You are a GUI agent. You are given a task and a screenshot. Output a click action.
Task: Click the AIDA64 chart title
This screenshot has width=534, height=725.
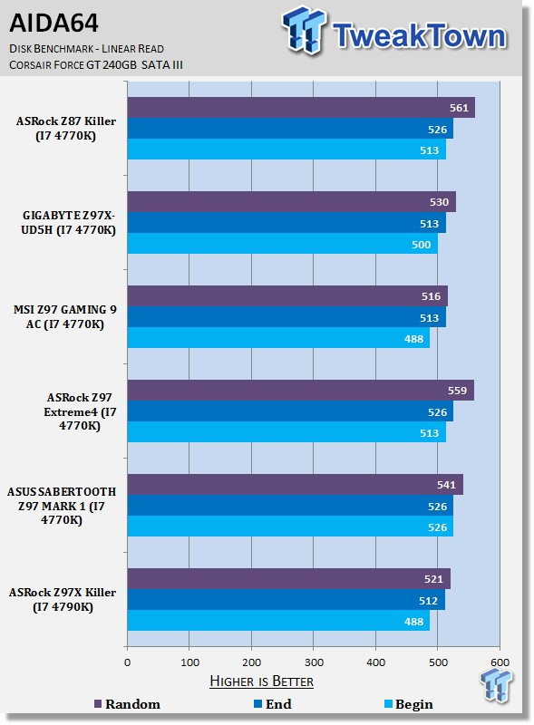53,24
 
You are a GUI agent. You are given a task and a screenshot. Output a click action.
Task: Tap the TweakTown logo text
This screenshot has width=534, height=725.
419,34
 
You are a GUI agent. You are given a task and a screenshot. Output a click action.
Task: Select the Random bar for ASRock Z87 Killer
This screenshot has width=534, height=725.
301,108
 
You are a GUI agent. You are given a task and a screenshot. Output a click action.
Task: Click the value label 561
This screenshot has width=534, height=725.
459,108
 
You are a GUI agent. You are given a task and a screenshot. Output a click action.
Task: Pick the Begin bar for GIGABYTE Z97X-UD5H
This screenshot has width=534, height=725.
282,244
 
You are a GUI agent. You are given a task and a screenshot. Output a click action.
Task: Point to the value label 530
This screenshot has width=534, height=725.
439,202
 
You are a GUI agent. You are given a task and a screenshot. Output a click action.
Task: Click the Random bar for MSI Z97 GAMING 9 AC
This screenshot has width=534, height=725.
287,296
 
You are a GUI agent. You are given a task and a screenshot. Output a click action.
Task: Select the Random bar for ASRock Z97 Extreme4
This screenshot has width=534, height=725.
301,391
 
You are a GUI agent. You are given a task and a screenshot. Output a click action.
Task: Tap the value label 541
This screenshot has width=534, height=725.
447,485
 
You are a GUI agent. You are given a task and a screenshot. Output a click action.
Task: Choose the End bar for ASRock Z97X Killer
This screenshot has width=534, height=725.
286,600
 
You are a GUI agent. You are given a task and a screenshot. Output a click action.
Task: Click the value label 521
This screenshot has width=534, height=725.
433,579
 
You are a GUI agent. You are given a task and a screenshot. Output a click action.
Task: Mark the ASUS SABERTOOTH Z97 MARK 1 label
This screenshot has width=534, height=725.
62,506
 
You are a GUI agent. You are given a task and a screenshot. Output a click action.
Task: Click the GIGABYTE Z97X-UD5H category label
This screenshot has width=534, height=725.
69,223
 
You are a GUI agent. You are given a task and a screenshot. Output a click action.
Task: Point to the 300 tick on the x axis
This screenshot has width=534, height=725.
314,662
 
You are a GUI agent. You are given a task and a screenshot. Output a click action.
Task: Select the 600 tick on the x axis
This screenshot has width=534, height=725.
500,662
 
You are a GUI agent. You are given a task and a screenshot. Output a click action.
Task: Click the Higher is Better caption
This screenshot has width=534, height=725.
261,681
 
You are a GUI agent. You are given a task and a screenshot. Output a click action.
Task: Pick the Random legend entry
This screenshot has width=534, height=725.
127,704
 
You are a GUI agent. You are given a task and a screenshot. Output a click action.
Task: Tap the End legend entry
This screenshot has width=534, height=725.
273,704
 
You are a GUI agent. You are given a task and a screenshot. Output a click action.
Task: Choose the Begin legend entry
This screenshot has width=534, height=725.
409,704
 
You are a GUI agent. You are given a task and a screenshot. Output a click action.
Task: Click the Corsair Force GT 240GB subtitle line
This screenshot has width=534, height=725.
96,64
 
